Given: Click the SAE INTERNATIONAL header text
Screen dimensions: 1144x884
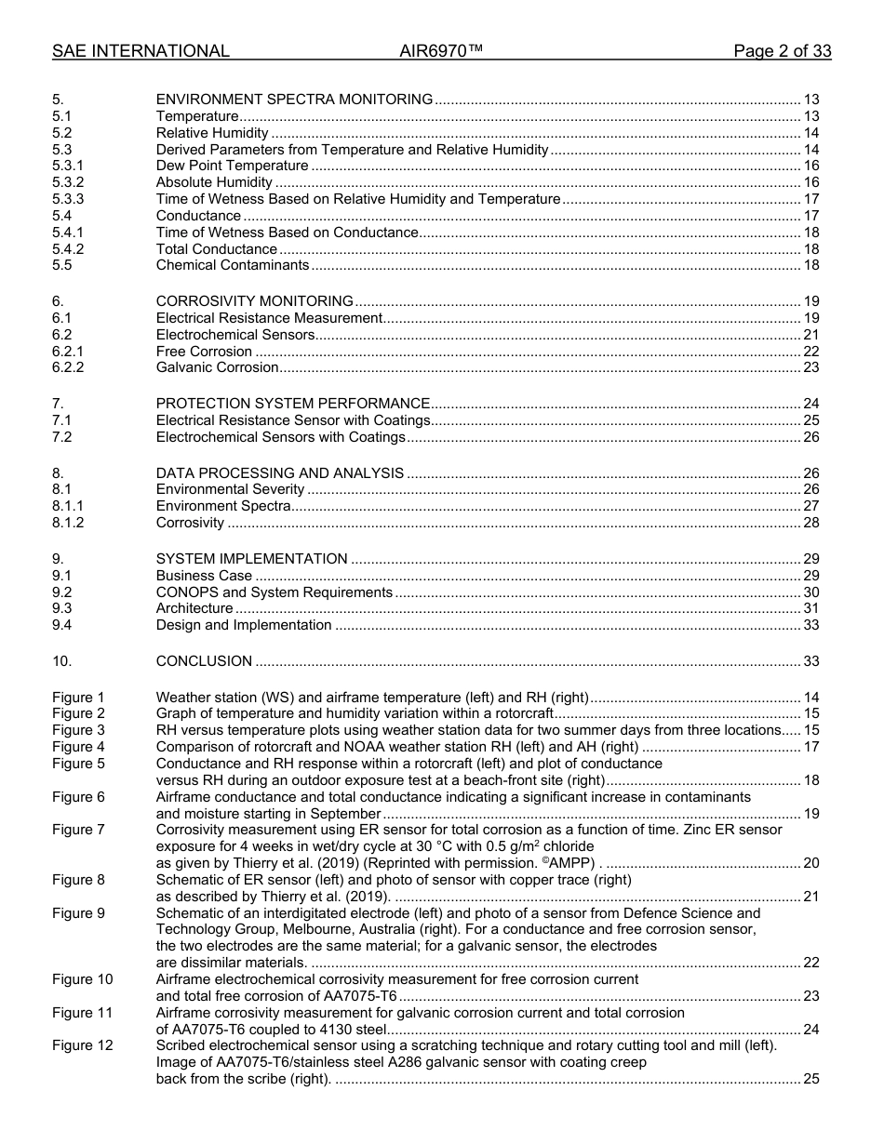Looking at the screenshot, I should pos(141,51).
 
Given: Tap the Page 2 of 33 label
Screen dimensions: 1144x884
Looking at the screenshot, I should pos(782,51).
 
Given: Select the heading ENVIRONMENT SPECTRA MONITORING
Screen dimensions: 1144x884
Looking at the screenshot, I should pos(294,100).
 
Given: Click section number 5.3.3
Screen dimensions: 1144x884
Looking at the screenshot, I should pos(68,199).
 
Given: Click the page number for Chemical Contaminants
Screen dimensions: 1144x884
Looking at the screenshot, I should pos(810,266).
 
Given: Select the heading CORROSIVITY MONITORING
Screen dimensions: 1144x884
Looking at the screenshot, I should pos(254,301).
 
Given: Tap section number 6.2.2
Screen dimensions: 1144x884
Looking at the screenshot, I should pos(68,367).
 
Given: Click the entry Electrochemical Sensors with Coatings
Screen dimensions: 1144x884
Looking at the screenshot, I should pos(280,437).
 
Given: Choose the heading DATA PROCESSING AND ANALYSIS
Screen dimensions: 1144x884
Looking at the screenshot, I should pos(279,473).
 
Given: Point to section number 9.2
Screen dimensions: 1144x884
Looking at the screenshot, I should pos(62,592).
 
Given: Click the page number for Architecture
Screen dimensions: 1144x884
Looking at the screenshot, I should pos(810,609).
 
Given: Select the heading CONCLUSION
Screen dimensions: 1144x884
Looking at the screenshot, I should pos(204,662).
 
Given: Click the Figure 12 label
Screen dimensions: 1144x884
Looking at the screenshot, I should pos(83,1045).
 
